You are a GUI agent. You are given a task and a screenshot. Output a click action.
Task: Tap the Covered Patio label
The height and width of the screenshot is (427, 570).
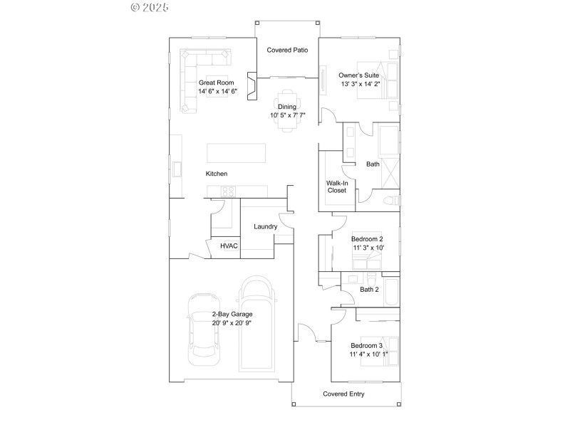[x=287, y=51]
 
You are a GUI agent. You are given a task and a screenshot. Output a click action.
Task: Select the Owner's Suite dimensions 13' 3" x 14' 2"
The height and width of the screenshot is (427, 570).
[x=361, y=84]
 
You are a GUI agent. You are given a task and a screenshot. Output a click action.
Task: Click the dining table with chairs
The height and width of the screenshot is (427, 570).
[x=287, y=110]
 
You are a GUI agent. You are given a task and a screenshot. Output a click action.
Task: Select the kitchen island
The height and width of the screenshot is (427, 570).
[x=237, y=154]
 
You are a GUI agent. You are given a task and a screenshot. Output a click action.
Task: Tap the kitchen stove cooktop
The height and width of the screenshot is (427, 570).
[x=228, y=191]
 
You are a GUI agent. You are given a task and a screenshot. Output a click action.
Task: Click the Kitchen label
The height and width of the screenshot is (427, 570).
[x=217, y=174]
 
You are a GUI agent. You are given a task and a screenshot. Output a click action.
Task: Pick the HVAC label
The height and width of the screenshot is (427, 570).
[x=228, y=246]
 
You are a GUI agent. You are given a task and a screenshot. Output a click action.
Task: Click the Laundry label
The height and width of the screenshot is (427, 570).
[x=265, y=227]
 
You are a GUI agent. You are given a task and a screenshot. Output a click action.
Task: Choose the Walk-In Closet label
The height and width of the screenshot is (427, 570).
[x=336, y=186]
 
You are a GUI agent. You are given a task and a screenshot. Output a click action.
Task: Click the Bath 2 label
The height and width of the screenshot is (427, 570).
[x=369, y=290]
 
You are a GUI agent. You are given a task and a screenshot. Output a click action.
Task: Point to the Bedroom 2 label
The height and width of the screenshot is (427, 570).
[x=368, y=239]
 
